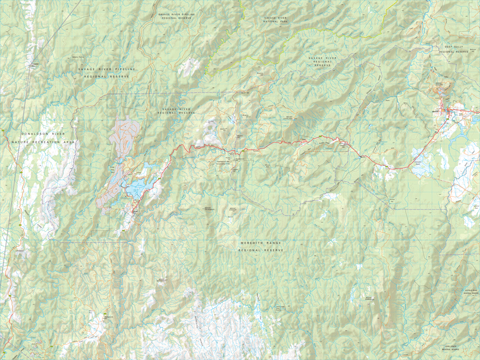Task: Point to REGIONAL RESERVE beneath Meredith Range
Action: tap(260, 250)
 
